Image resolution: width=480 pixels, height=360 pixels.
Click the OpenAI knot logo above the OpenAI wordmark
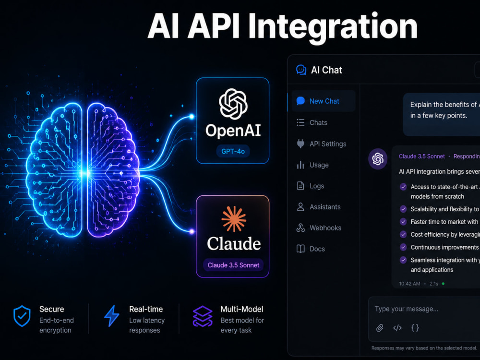[233, 104]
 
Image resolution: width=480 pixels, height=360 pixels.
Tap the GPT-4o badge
[233, 151]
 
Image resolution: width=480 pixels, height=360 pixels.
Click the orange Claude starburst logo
[234, 219]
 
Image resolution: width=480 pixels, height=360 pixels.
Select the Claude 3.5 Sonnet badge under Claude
[233, 265]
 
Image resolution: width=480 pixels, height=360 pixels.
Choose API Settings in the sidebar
[322, 144]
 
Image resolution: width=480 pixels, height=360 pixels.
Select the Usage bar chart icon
[300, 165]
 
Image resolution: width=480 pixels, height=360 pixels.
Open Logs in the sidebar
[311, 186]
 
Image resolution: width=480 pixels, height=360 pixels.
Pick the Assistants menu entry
[318, 207]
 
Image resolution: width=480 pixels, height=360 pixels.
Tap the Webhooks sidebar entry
[319, 228]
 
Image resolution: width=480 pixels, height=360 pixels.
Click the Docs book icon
[300, 249]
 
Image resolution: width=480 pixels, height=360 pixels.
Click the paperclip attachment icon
[380, 328]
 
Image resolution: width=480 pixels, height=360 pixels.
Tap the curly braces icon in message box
[415, 328]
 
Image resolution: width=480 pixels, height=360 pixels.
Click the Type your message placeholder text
[406, 309]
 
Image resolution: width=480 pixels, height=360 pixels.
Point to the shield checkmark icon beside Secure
[22, 316]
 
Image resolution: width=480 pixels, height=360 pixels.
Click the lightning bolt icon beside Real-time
[112, 316]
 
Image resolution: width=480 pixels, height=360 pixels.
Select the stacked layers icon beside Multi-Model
[203, 316]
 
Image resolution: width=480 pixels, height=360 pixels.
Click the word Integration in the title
[333, 27]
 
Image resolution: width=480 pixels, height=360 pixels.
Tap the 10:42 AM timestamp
[409, 284]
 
